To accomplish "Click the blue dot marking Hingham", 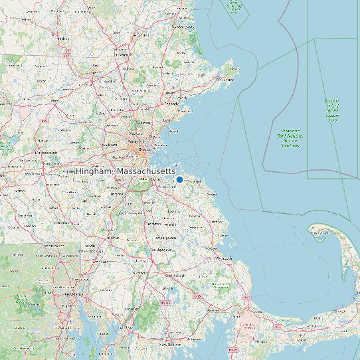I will [x=179, y=180].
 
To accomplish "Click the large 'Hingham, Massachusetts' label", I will [x=126, y=171].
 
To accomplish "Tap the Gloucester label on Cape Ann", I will [x=226, y=80].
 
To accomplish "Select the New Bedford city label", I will [x=172, y=345].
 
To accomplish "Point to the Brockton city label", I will [x=153, y=224].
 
